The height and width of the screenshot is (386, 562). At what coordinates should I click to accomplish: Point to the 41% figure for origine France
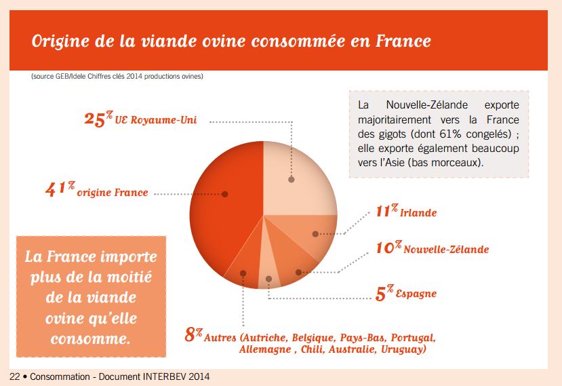(x=60, y=189)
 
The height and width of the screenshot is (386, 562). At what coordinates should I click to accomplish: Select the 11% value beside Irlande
(x=387, y=210)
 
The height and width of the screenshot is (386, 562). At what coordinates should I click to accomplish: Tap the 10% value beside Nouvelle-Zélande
(x=389, y=248)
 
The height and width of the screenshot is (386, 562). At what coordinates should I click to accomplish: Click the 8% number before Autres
(x=194, y=334)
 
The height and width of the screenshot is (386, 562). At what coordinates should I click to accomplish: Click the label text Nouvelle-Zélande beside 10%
(x=446, y=250)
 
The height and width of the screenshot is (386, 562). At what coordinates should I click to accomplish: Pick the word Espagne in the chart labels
(x=416, y=294)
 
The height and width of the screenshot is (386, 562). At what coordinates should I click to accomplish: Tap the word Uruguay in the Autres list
(x=403, y=349)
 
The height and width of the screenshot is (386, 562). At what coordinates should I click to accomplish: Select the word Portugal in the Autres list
(x=414, y=338)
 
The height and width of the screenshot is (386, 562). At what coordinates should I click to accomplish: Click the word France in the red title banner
(x=403, y=41)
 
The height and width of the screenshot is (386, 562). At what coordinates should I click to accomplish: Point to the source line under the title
(x=117, y=76)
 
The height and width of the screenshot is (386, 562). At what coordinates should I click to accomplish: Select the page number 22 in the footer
(x=15, y=377)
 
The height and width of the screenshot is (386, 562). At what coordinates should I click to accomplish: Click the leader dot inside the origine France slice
(x=224, y=194)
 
